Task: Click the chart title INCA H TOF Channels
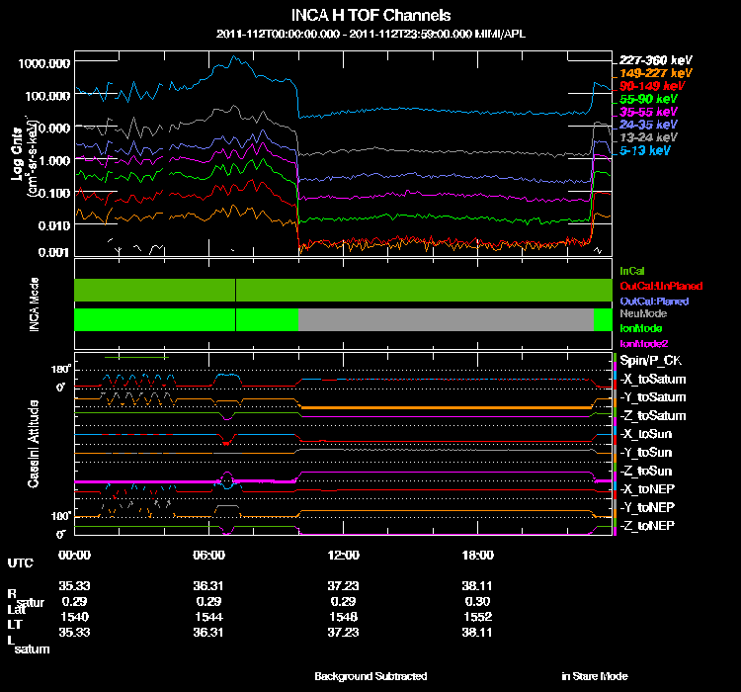[370, 15]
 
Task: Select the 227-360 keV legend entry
[649, 59]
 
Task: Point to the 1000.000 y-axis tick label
[43, 62]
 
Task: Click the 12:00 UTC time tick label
[343, 555]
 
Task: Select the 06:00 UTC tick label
[208, 555]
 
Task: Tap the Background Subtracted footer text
[370, 676]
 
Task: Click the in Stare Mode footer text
[594, 676]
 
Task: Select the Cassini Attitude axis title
[34, 441]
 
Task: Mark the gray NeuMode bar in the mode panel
[445, 319]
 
